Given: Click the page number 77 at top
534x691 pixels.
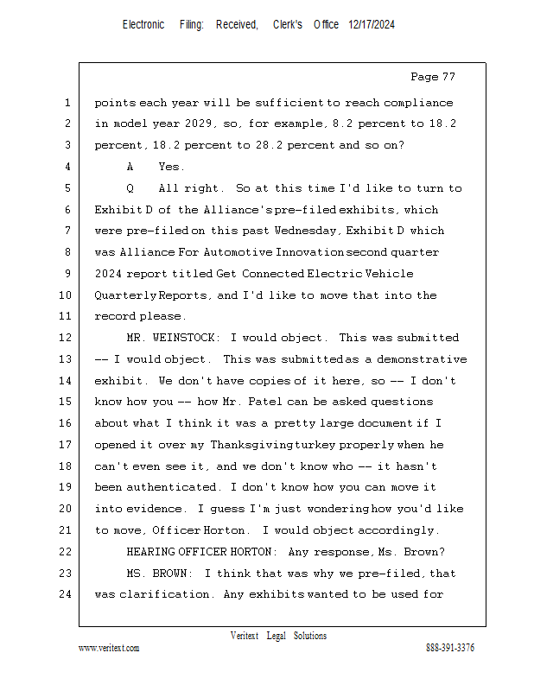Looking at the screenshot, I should pos(447,77).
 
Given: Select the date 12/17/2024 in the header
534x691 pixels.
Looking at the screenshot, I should pos(372,25).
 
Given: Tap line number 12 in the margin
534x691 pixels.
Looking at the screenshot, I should pos(66,338).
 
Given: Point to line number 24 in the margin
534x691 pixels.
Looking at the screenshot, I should pos(66,594).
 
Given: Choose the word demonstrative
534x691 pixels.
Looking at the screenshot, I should pos(419,359).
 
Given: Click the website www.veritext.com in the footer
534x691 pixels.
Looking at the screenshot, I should pos(109,648).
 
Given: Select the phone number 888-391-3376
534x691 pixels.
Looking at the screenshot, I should pos(449,648).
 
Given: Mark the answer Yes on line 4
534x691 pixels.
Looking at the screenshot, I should pos(171,167).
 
